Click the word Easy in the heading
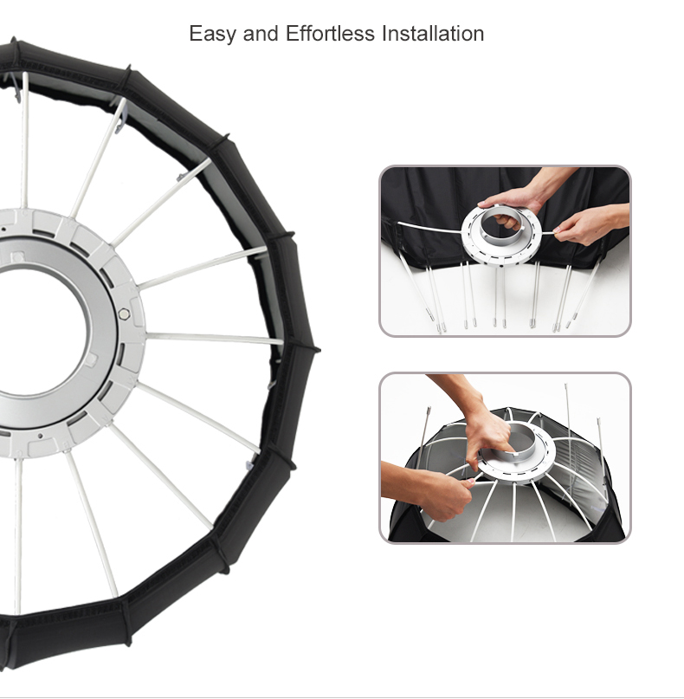(212, 35)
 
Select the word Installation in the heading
(433, 34)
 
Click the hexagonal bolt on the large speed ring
(125, 314)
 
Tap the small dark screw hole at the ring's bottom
(41, 436)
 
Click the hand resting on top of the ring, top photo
(513, 199)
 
